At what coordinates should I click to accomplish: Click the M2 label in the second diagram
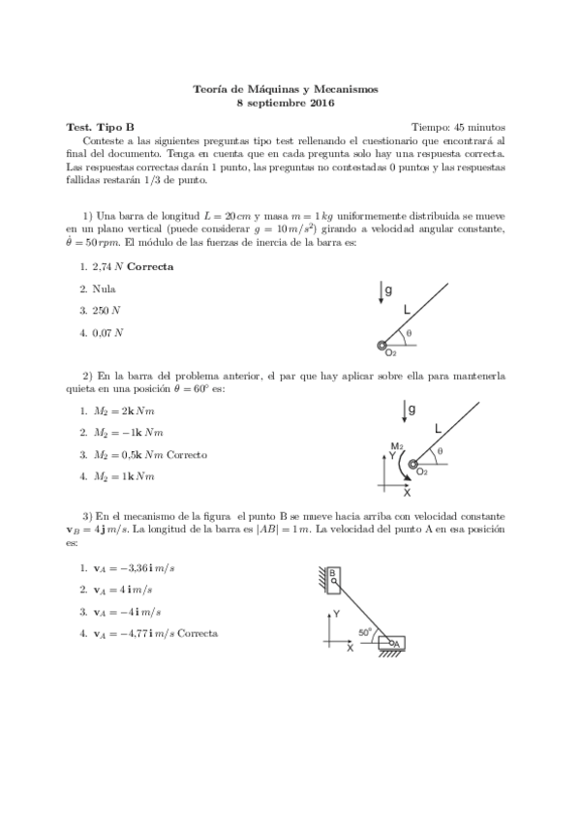[395, 446]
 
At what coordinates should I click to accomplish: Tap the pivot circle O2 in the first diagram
[383, 346]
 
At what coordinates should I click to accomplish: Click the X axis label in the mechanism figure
[351, 650]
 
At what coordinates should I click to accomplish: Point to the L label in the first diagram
[408, 307]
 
